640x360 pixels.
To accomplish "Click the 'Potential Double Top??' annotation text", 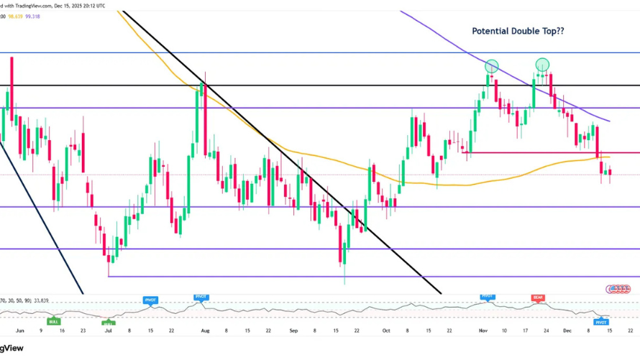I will tap(518, 31).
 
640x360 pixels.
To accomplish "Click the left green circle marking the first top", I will tap(492, 66).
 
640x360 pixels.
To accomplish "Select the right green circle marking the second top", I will tap(542, 65).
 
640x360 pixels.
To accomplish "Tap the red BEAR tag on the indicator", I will tap(537, 297).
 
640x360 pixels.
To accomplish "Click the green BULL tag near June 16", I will tap(53, 322).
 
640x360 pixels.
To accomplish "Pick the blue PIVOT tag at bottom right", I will tap(601, 322).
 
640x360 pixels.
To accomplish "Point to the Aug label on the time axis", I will tap(205, 331).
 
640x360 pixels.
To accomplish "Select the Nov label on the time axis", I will tap(483, 331).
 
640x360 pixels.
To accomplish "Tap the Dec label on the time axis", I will tap(566, 331).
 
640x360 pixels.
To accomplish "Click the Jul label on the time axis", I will tap(109, 331).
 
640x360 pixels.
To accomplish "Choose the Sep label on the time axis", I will tap(293, 331).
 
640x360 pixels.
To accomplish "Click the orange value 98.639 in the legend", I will tap(16, 17).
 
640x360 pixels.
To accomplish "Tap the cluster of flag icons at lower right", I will tap(619, 290).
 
